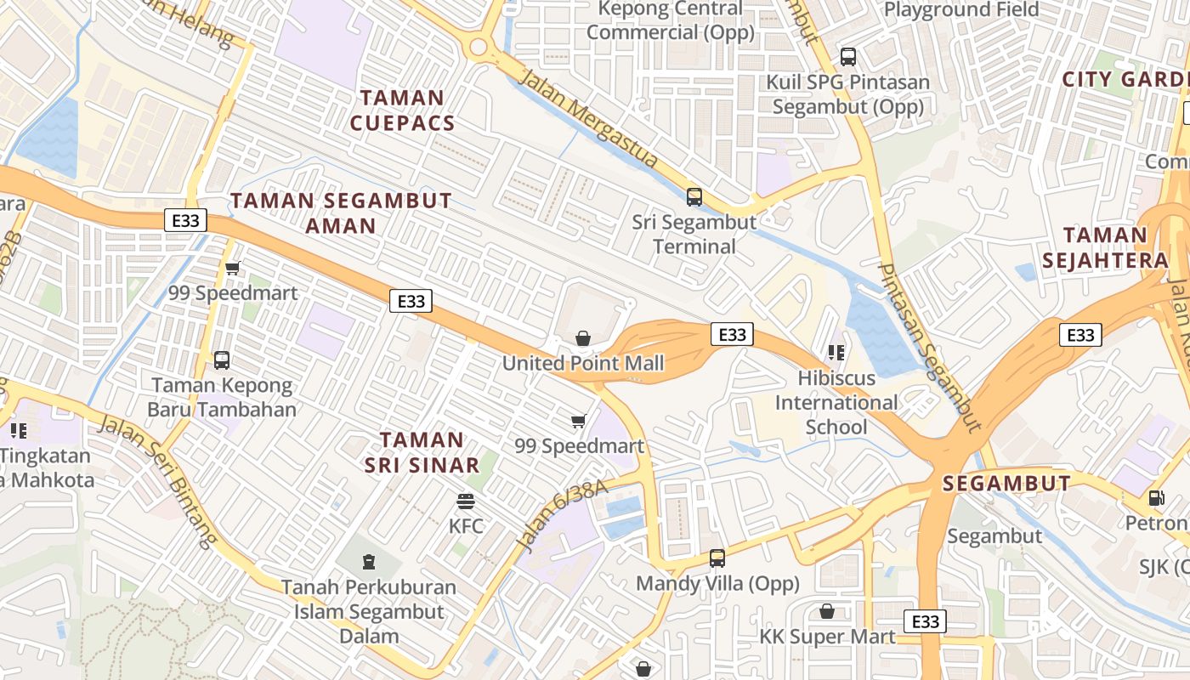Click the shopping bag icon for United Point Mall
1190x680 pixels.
click(583, 338)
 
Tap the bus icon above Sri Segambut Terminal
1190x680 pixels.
click(694, 197)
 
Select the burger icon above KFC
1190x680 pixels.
click(465, 501)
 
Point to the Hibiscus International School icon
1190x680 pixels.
click(836, 352)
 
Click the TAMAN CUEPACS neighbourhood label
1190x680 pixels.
click(402, 110)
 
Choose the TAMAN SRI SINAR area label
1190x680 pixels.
click(422, 452)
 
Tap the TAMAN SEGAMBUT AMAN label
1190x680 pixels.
click(341, 212)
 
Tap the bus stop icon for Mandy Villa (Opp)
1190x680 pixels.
click(717, 558)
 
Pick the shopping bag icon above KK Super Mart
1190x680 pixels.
click(826, 611)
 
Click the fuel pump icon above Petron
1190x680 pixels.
click(1156, 497)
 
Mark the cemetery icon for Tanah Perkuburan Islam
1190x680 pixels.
click(369, 562)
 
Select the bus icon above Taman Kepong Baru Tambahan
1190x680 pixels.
click(222, 360)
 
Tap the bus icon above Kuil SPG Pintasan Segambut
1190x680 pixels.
click(847, 57)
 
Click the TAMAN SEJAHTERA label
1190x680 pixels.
click(1105, 247)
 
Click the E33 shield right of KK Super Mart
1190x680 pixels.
click(925, 621)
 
